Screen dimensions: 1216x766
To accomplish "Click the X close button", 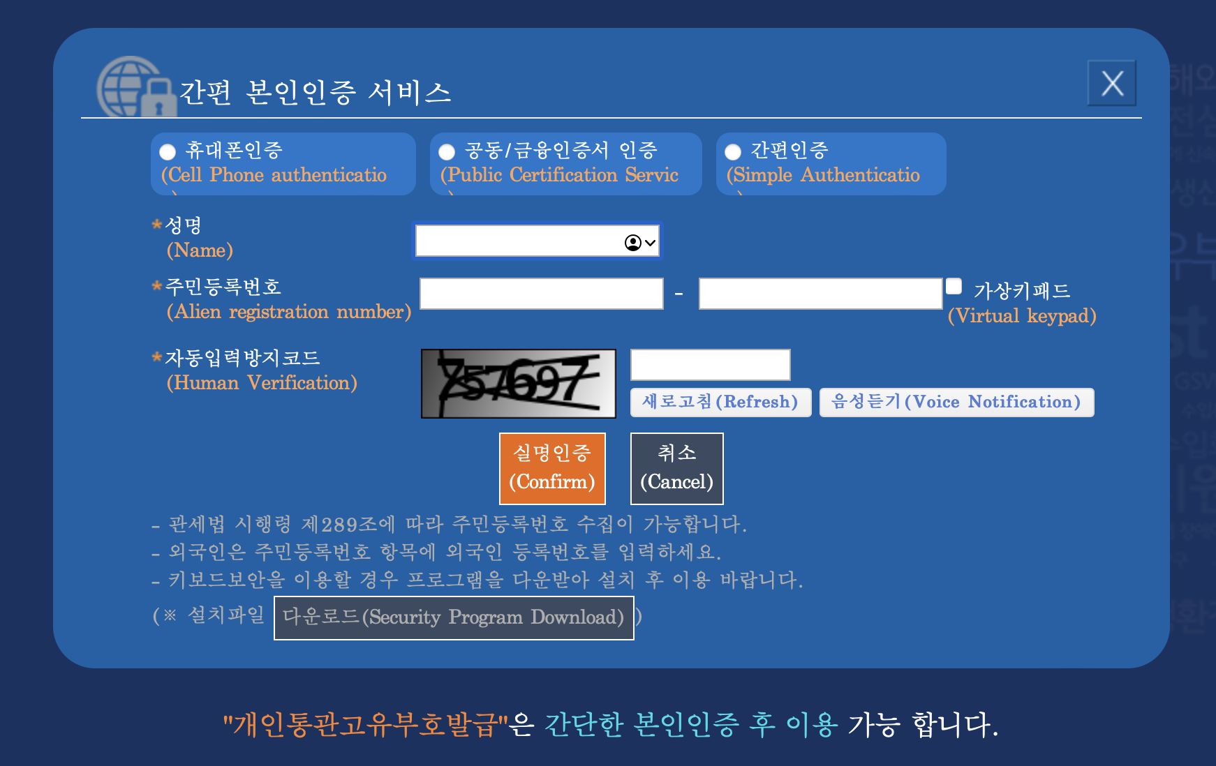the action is pyautogui.click(x=1111, y=84).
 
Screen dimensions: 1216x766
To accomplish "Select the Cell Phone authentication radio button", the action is pyautogui.click(x=168, y=152).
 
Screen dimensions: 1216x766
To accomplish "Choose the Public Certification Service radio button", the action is pyautogui.click(x=447, y=152).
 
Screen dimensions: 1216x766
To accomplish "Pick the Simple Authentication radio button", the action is pyautogui.click(x=733, y=152).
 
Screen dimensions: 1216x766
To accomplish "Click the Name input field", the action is pyautogui.click(x=517, y=241).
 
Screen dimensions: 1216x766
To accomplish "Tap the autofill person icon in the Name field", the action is pyautogui.click(x=633, y=242).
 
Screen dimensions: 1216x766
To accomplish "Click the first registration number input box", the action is pyautogui.click(x=541, y=294).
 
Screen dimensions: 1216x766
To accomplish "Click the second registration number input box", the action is pyautogui.click(x=820, y=294).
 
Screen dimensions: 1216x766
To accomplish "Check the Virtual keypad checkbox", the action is pyautogui.click(x=954, y=286).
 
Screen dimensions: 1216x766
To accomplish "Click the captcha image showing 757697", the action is pyautogui.click(x=518, y=384).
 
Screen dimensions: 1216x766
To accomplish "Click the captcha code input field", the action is pyautogui.click(x=710, y=365).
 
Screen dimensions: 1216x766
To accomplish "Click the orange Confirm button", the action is pyautogui.click(x=552, y=468).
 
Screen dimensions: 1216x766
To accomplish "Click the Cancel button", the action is pyautogui.click(x=676, y=468).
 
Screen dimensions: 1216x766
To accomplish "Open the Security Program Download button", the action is pyautogui.click(x=454, y=617).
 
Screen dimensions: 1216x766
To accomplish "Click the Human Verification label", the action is pyautogui.click(x=262, y=383).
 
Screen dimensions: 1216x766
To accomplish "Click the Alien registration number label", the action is pyautogui.click(x=288, y=312).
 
